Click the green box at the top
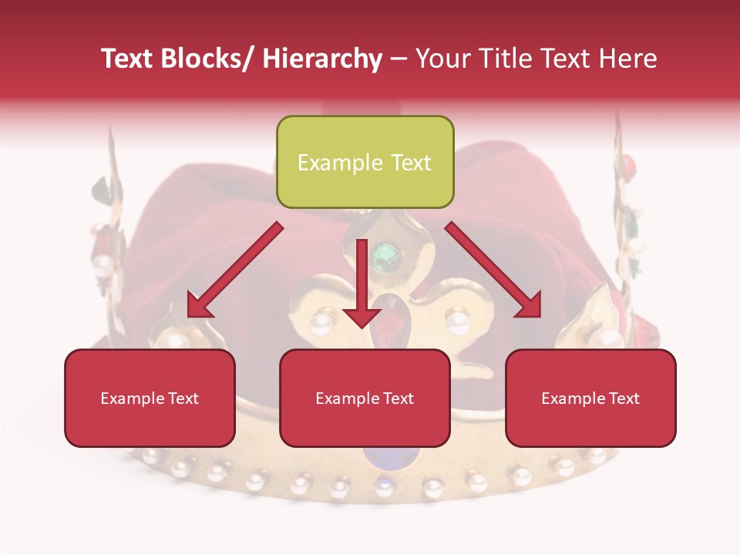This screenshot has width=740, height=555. point(365,162)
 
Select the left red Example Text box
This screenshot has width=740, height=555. point(150,398)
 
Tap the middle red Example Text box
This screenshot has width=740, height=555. point(365,398)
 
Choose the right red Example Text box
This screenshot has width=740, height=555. point(590,398)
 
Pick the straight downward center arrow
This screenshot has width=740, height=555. point(362,285)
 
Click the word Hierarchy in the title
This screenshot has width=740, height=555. point(321,59)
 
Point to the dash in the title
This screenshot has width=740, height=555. point(399,59)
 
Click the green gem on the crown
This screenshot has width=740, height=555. point(386,255)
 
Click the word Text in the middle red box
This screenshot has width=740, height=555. point(396,399)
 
